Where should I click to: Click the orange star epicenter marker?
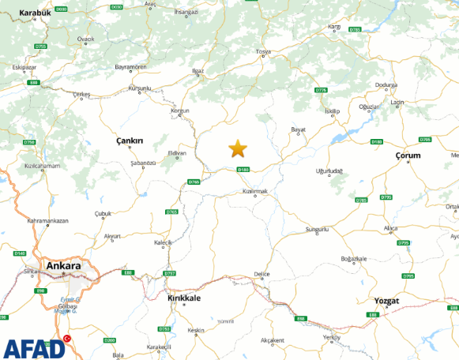click(238, 148)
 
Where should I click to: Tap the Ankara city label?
click(64, 266)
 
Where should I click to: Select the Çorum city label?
click(408, 156)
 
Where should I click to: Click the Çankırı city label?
click(130, 141)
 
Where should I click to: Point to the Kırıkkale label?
click(185, 298)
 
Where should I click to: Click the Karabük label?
click(34, 13)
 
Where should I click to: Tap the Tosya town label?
click(263, 52)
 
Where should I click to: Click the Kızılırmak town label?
click(257, 192)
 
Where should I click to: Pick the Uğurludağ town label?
click(329, 171)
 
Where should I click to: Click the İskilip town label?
click(332, 111)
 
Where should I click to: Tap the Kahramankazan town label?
click(47, 220)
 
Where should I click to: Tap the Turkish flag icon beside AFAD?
click(66, 339)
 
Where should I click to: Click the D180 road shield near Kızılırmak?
click(243, 169)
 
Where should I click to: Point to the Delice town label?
click(261, 274)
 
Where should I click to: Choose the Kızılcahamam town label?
click(41, 166)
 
